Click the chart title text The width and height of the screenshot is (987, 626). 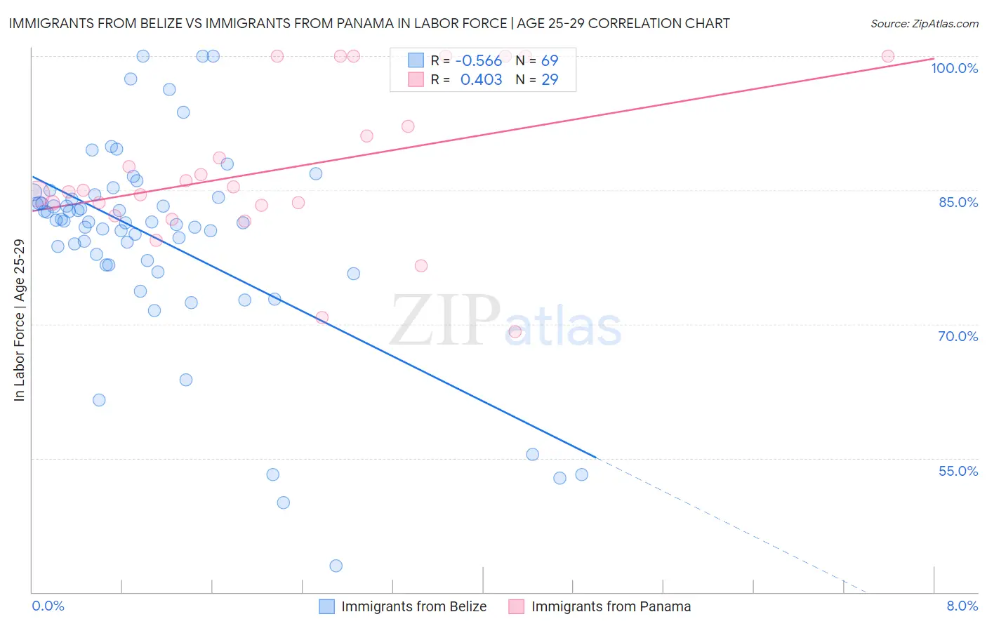coord(369,23)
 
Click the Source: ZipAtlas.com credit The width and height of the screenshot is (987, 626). coord(924,23)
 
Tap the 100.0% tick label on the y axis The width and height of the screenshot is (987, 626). coord(954,68)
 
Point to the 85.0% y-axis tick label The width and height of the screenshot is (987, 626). coord(958,202)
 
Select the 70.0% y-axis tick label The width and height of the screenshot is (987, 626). coord(958,336)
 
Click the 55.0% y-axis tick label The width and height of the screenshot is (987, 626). coord(958,471)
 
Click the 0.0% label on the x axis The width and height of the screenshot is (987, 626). coord(48,606)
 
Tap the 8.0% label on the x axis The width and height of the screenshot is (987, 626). coord(962,606)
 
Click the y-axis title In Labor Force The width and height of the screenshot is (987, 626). coord(19,320)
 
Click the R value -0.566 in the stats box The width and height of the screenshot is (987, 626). coord(479,61)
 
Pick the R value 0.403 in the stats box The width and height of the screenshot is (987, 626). coord(481,80)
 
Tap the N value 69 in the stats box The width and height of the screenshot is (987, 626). coord(550,61)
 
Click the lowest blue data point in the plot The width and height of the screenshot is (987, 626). coord(336,566)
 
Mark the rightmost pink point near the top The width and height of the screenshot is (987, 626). coord(887,56)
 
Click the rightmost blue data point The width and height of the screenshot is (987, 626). coord(581,474)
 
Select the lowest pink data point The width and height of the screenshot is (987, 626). coord(515,332)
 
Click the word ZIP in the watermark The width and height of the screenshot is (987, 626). coord(444,321)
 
